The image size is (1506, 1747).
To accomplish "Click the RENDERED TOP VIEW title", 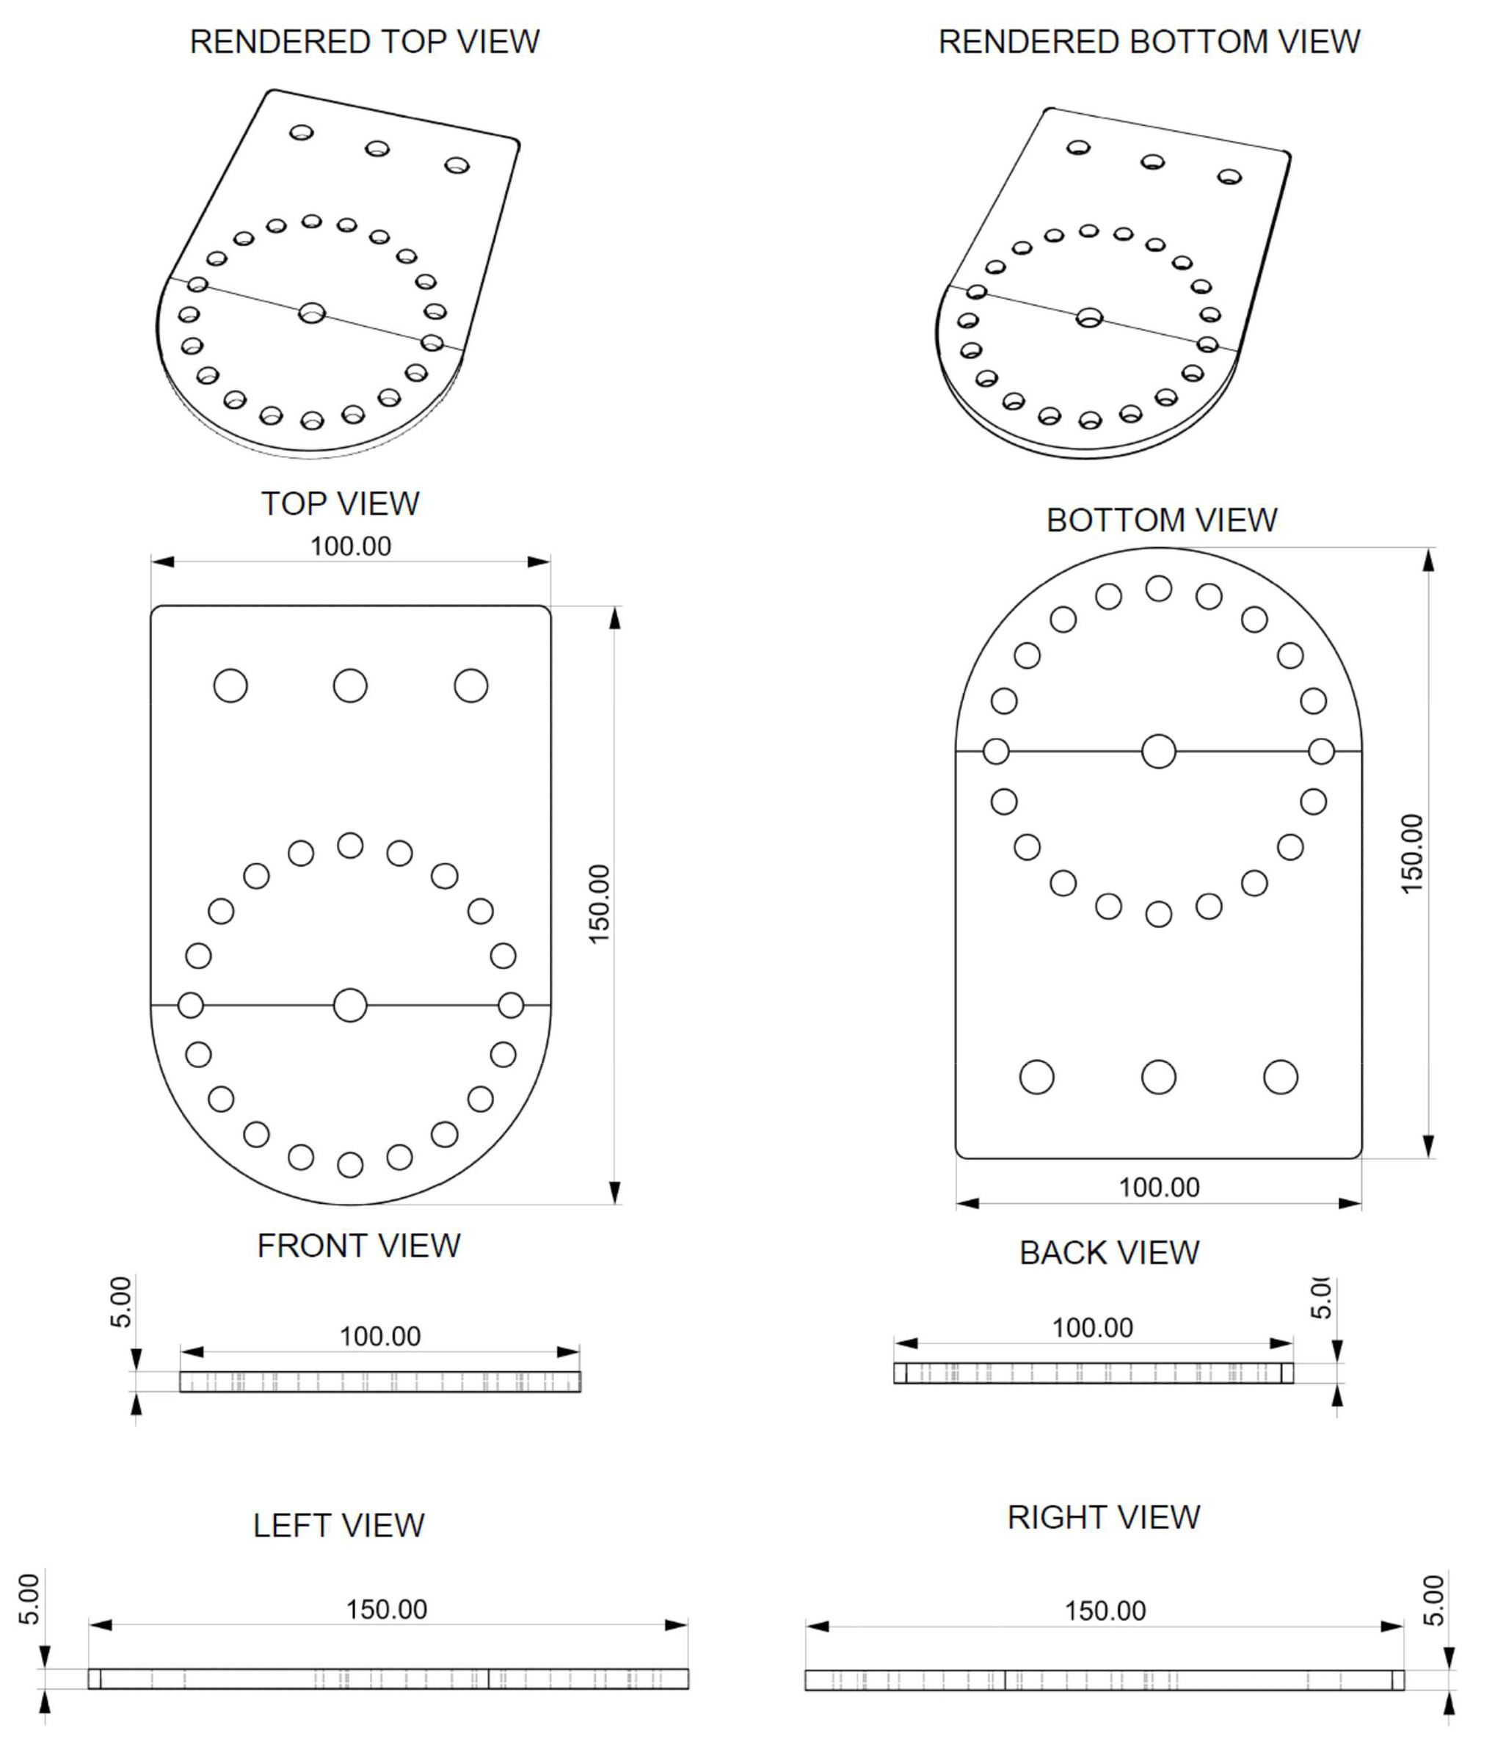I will [364, 42].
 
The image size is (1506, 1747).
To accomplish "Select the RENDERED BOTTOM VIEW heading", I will [1149, 42].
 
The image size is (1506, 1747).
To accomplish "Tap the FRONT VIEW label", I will [358, 1246].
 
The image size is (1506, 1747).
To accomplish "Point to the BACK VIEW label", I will [1109, 1253].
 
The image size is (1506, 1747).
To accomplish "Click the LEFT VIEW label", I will [338, 1525].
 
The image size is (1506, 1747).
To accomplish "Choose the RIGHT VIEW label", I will [1103, 1518].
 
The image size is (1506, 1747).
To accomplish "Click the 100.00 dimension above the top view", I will [351, 546].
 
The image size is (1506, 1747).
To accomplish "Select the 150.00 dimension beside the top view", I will [599, 904].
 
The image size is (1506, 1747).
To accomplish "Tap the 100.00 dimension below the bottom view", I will [1159, 1187].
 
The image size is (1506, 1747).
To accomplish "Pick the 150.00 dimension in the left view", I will [386, 1609].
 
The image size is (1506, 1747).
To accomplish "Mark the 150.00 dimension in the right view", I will [1105, 1610].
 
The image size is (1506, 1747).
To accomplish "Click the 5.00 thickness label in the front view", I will [121, 1302].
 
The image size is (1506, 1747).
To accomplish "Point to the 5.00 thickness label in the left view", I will [29, 1599].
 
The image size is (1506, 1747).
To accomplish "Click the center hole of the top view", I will [350, 1005].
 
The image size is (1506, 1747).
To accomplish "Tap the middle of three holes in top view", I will [350, 686].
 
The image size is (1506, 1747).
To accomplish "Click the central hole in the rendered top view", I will [312, 313].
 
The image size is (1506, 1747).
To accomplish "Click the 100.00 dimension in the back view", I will [1092, 1328].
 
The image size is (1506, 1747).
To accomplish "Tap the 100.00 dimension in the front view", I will [379, 1337].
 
